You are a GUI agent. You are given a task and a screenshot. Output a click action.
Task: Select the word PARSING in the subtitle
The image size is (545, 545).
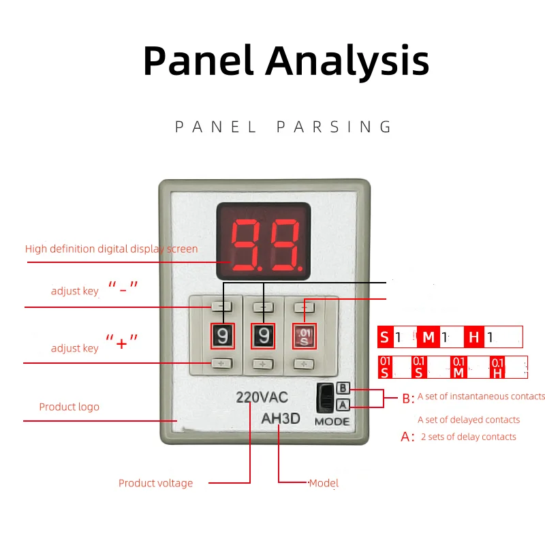coord(337,127)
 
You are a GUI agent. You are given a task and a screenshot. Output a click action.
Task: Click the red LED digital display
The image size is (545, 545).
coord(264,241)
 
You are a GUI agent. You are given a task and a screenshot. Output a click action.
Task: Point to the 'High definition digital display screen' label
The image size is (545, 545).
coord(111,249)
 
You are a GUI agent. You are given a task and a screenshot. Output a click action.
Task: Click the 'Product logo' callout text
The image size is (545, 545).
coord(69,407)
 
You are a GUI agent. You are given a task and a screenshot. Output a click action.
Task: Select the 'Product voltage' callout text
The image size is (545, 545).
coord(155,483)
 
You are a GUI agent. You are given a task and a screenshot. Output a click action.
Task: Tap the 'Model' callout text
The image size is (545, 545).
coord(324,483)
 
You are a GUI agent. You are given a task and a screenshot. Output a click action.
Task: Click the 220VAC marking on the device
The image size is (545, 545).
coord(262,397)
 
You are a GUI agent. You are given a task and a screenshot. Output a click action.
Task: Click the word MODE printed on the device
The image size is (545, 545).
coord(332,422)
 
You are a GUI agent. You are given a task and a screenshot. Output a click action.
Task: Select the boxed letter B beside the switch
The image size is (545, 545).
coord(343,388)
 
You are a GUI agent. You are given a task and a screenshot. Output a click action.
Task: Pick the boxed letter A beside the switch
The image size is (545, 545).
coord(343,405)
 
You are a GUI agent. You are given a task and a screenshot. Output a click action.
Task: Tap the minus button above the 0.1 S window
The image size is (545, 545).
coord(305,307)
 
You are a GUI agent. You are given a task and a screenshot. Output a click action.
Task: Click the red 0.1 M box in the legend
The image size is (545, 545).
coord(458,367)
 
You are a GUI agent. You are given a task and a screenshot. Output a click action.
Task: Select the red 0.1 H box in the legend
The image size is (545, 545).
coord(497,367)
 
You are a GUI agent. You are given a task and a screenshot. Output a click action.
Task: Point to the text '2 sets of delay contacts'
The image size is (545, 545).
coord(468,437)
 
